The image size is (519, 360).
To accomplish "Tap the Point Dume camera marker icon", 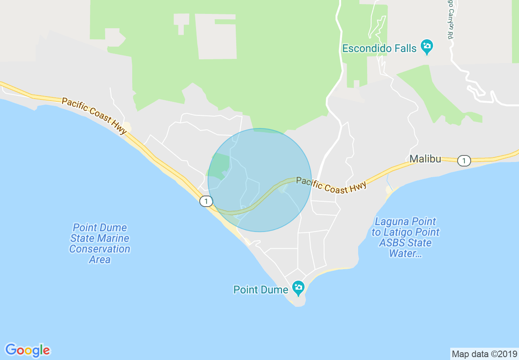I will click(x=298, y=288).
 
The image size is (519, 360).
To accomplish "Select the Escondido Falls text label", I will click(x=379, y=48).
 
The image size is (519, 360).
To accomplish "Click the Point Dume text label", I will click(x=260, y=290).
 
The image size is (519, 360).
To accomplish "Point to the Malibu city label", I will click(x=425, y=159).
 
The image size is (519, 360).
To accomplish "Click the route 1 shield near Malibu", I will click(x=464, y=161).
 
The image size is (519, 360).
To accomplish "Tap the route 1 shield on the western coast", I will click(x=206, y=201).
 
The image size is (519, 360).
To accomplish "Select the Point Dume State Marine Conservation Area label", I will click(x=100, y=243).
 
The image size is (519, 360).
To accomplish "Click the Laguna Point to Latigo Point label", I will click(x=405, y=237).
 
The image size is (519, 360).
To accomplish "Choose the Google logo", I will click(x=27, y=350).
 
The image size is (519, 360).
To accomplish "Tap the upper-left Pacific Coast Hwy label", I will click(x=95, y=116).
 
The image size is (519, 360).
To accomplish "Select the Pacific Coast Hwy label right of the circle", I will click(x=331, y=185).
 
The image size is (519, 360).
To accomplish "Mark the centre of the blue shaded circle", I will click(x=259, y=180).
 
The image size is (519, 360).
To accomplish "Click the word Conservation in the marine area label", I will click(x=100, y=249).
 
